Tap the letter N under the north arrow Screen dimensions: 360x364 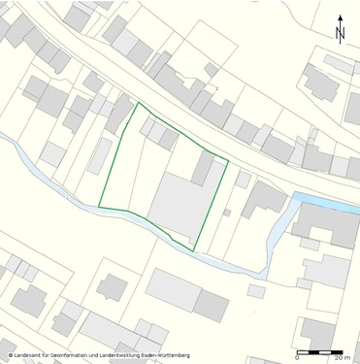(x=341, y=34)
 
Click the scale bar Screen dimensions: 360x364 (x=321, y=351)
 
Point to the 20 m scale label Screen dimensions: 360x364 (x=341, y=359)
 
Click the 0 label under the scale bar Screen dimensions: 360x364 (x=297, y=359)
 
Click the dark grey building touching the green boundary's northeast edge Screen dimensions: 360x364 (x=203, y=167)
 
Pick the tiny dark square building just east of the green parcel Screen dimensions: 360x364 (x=227, y=212)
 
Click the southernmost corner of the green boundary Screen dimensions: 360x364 (x=196, y=250)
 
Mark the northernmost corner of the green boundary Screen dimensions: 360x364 (x=136, y=103)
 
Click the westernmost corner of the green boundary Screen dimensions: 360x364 (x=99, y=206)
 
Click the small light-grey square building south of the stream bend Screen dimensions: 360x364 (x=256, y=290)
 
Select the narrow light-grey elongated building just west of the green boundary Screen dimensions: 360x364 (x=100, y=155)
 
